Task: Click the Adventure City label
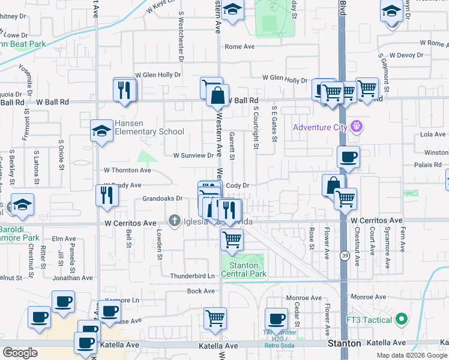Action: click(x=320, y=127)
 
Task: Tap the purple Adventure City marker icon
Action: click(x=357, y=127)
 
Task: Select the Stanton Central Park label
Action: click(x=244, y=269)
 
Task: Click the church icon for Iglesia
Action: click(x=175, y=221)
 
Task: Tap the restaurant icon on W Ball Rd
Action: click(x=125, y=90)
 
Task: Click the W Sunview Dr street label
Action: click(x=193, y=155)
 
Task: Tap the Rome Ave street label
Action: click(x=240, y=47)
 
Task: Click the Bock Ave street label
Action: click(x=201, y=291)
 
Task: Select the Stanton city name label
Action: click(x=345, y=344)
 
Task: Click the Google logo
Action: click(x=20, y=353)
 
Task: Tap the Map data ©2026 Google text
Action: click(x=411, y=355)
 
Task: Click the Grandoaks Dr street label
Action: click(x=162, y=198)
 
